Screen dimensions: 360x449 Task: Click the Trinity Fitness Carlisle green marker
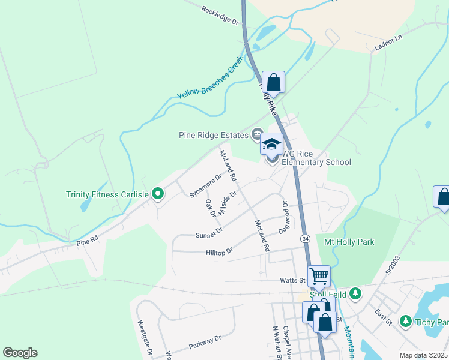(158, 193)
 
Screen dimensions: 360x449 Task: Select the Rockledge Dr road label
(220, 15)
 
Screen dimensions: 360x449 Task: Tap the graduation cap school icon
(271, 145)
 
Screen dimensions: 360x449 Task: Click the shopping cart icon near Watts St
(319, 277)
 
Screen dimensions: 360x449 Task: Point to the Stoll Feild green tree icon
(356, 293)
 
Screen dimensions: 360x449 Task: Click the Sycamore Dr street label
(205, 186)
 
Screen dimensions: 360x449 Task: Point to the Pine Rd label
(88, 242)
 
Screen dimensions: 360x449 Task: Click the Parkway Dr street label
(205, 342)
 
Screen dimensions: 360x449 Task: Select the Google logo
(20, 353)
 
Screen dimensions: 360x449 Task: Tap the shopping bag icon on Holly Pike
(273, 83)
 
